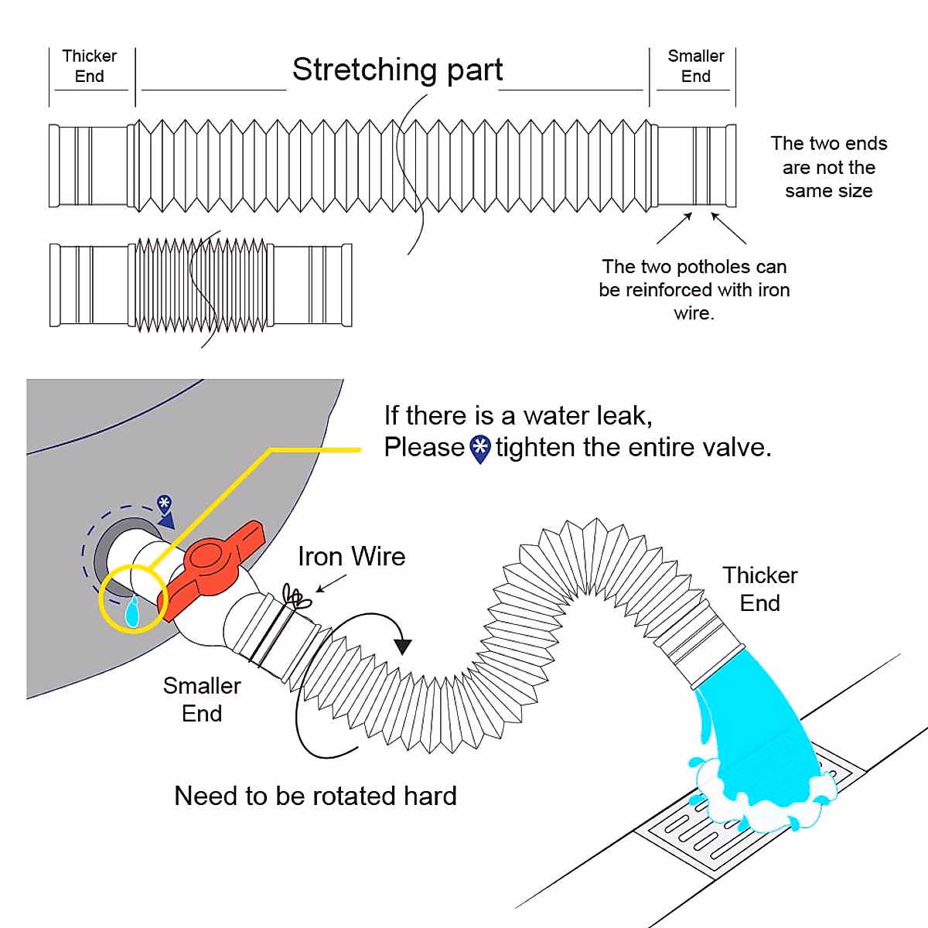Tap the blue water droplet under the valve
point(132,612)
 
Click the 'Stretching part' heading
point(397,70)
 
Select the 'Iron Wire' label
point(351,557)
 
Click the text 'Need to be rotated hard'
point(316,796)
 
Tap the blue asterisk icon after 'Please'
point(480,449)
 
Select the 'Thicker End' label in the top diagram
point(90,67)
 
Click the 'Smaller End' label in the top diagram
point(696,67)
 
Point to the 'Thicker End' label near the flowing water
point(759,589)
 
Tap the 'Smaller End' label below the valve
point(202,699)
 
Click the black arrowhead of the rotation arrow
point(403,646)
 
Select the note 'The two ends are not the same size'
point(828,167)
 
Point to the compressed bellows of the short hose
point(201,285)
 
